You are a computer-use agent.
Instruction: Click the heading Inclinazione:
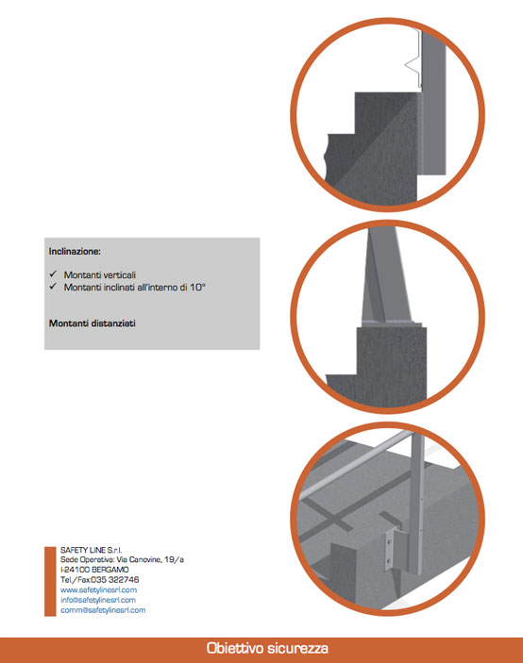[x=75, y=252]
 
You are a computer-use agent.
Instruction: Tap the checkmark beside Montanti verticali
[x=53, y=274]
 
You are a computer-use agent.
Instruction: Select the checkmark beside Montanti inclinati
[x=53, y=287]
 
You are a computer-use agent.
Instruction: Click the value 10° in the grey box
[x=197, y=287]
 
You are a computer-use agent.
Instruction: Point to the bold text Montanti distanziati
[x=93, y=323]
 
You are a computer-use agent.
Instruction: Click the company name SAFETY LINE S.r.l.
[x=91, y=550]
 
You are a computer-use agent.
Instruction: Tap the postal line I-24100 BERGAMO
[x=94, y=570]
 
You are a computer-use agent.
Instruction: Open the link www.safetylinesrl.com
[x=98, y=589]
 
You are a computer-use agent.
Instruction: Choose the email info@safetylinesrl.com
[x=98, y=600]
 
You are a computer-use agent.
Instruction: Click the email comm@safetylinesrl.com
[x=103, y=610]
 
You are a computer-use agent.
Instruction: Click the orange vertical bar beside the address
[x=50, y=581]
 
